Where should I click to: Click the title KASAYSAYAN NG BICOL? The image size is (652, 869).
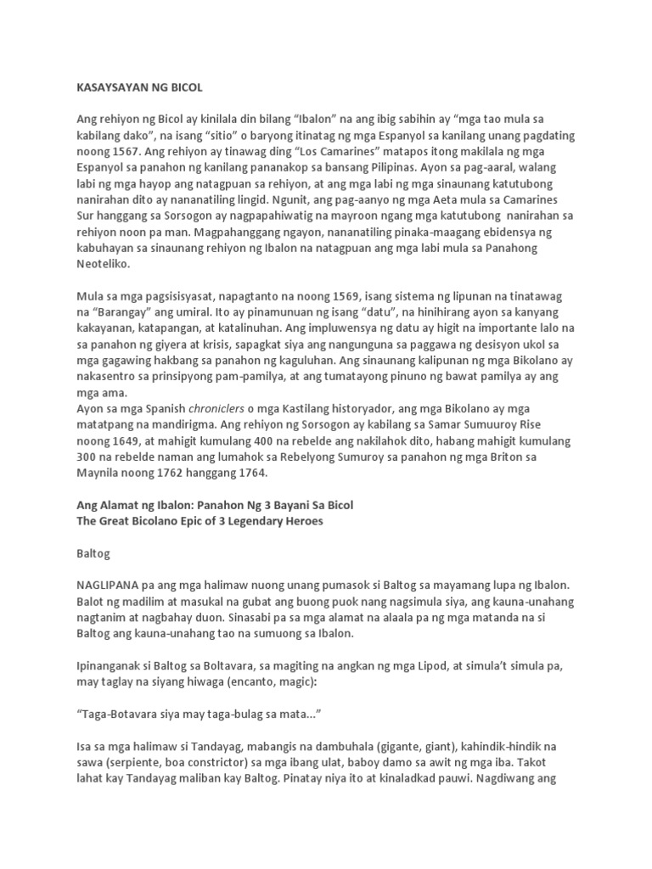(x=140, y=87)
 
